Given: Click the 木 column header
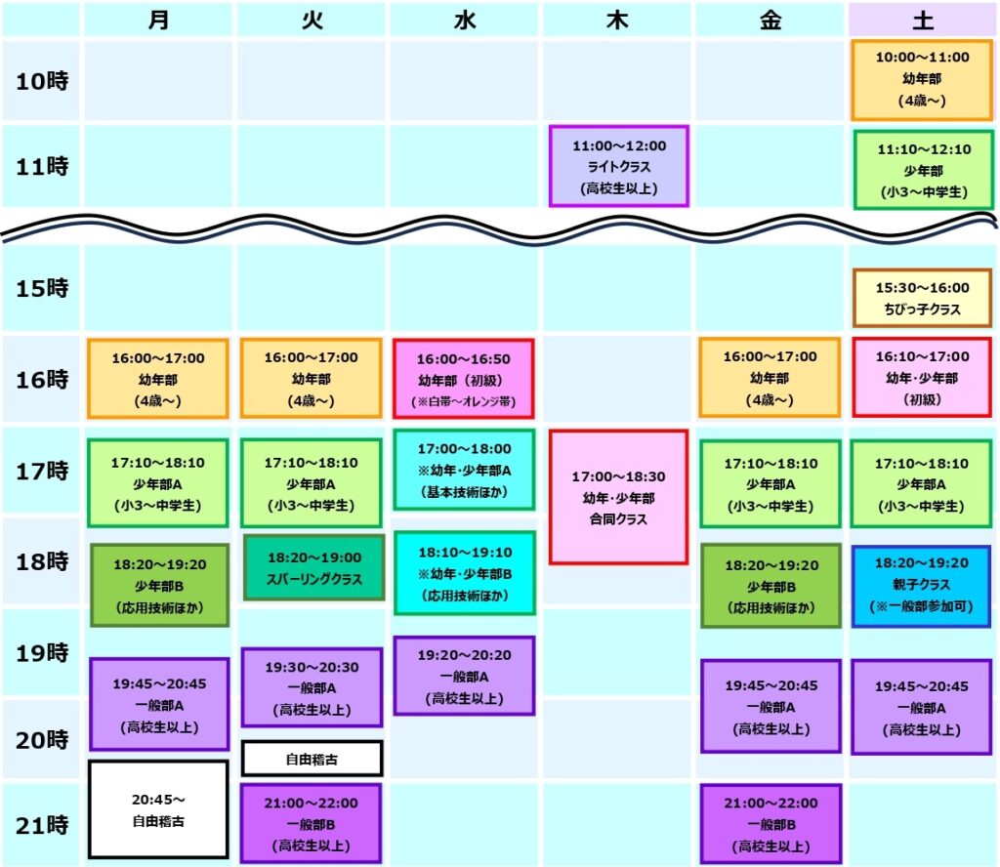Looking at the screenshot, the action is pyautogui.click(x=617, y=21).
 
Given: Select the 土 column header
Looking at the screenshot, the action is pyautogui.click(x=923, y=21).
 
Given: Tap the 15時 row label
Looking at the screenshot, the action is pyautogui.click(x=42, y=288).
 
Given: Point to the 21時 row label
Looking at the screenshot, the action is pyautogui.click(x=42, y=826).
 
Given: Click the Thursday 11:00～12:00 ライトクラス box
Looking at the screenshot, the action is pyautogui.click(x=618, y=166).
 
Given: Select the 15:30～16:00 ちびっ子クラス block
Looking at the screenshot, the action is pyautogui.click(x=922, y=299).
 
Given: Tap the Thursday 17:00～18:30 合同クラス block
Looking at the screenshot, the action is pyautogui.click(x=618, y=497).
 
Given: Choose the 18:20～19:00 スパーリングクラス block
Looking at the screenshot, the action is pyautogui.click(x=313, y=567).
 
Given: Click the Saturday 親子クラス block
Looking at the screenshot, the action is pyautogui.click(x=922, y=585).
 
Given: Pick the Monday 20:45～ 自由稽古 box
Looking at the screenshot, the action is pyautogui.click(x=158, y=809).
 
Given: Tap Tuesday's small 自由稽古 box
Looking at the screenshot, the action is pyautogui.click(x=312, y=759).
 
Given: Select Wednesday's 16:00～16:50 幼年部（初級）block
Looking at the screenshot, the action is pyautogui.click(x=464, y=379).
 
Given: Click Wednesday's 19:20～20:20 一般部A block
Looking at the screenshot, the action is pyautogui.click(x=464, y=676).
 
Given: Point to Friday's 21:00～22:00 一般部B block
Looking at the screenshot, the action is pyautogui.click(x=771, y=824).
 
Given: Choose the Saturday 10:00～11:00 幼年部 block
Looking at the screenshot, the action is pyautogui.click(x=922, y=80).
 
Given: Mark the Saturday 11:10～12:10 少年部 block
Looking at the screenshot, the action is pyautogui.click(x=924, y=170).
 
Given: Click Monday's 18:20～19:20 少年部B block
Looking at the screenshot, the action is pyautogui.click(x=159, y=585).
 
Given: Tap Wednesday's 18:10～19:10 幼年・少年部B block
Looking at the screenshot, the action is pyautogui.click(x=464, y=573).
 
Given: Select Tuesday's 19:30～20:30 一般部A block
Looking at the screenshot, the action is pyautogui.click(x=312, y=687).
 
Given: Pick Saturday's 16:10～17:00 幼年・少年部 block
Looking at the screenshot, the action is pyautogui.click(x=922, y=378).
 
